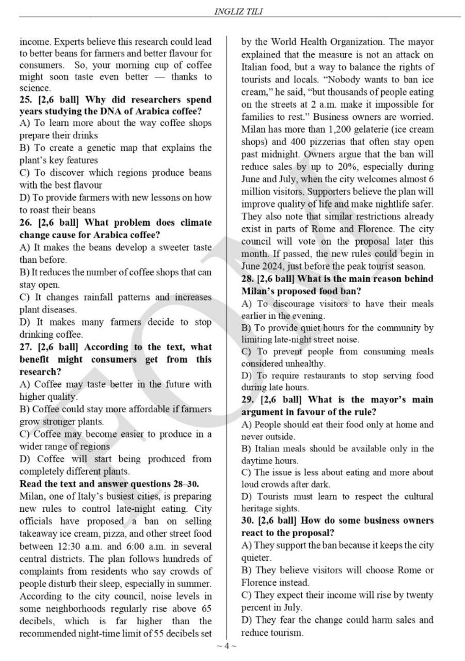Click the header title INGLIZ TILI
(x=239, y=11)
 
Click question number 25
(x=26, y=99)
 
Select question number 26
(x=26, y=223)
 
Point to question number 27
(x=26, y=347)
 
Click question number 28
(x=249, y=279)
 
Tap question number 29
(x=249, y=400)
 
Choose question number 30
(x=249, y=521)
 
